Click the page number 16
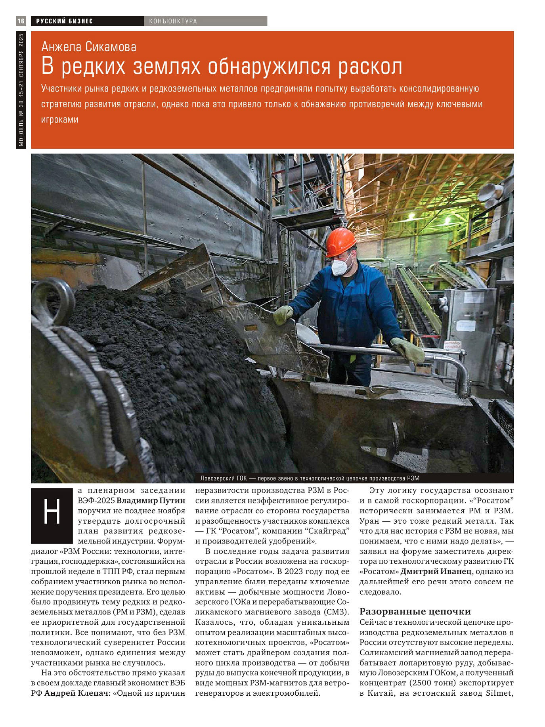pyautogui.click(x=21, y=21)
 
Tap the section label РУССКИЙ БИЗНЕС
pyautogui.click(x=65, y=21)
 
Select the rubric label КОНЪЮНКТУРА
pyautogui.click(x=173, y=21)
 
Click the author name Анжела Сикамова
pyautogui.click(x=89, y=47)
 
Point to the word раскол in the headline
pyautogui.click(x=370, y=66)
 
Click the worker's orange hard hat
pyautogui.click(x=340, y=241)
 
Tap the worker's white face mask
pyautogui.click(x=341, y=265)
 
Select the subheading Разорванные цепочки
pyautogui.click(x=415, y=611)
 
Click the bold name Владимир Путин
pyautogui.click(x=151, y=500)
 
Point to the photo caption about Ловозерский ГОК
pyautogui.click(x=310, y=478)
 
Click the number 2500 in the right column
pyautogui.click(x=422, y=683)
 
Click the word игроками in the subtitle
pyautogui.click(x=60, y=120)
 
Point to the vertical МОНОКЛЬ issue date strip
pyautogui.click(x=21, y=90)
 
